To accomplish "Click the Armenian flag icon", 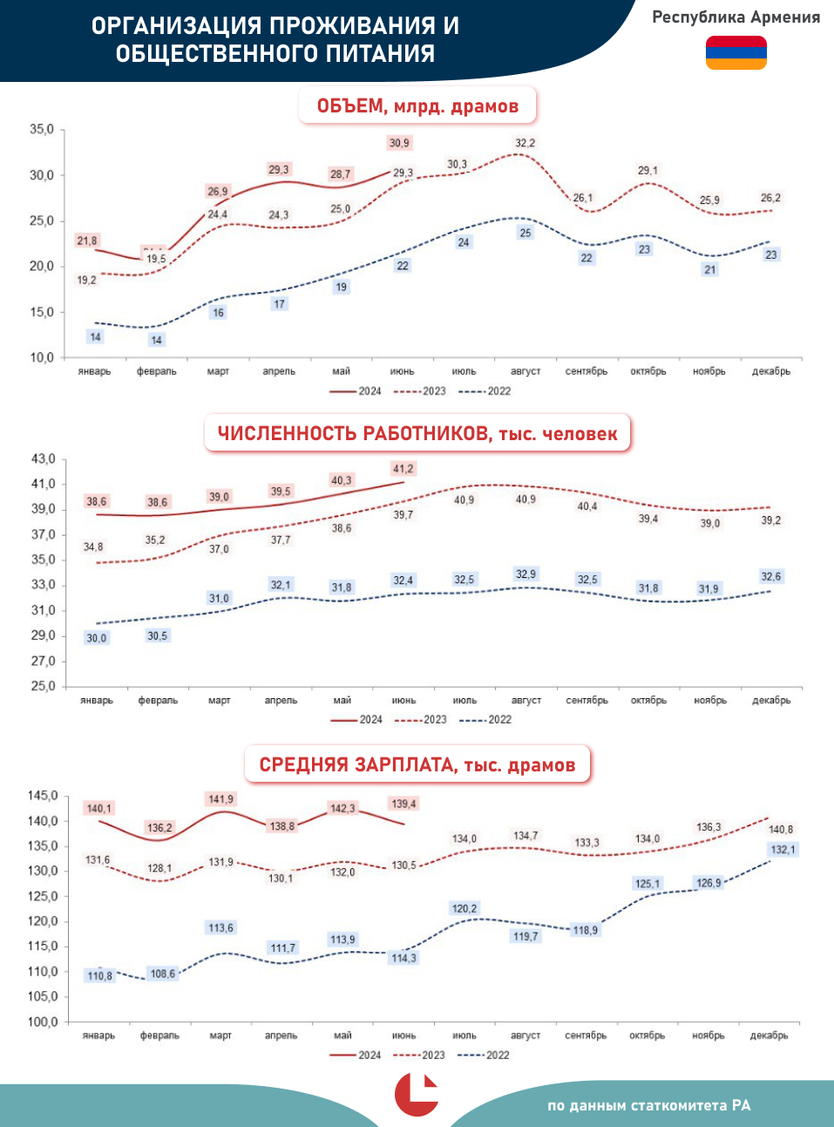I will coord(736,52).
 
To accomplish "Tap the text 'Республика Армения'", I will coord(736,17).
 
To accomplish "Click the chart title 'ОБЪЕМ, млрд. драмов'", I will coord(417,106).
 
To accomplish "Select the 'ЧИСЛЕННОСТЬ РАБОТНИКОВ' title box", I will coord(417,433).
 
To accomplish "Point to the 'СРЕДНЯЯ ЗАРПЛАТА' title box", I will coord(417,765).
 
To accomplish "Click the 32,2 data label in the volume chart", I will coord(525,143).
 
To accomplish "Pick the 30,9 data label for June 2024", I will coord(399,143).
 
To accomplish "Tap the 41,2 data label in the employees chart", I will coord(403,469).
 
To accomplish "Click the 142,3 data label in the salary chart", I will coord(342,809).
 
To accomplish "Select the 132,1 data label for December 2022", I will coord(783,850).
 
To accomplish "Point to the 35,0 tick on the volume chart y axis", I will coord(42,130).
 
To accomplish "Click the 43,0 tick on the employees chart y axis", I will coord(44,459).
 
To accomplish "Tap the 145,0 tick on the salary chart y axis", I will coord(43,796).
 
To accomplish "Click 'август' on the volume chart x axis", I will coord(525,371).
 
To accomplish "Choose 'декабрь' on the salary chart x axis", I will coord(770,1035).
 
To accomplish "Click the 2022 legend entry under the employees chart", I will coord(486,720).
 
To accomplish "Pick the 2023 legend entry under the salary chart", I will coord(420,1056).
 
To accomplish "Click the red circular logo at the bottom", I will coord(417,1095).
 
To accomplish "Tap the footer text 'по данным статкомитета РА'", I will coord(648,1105).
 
